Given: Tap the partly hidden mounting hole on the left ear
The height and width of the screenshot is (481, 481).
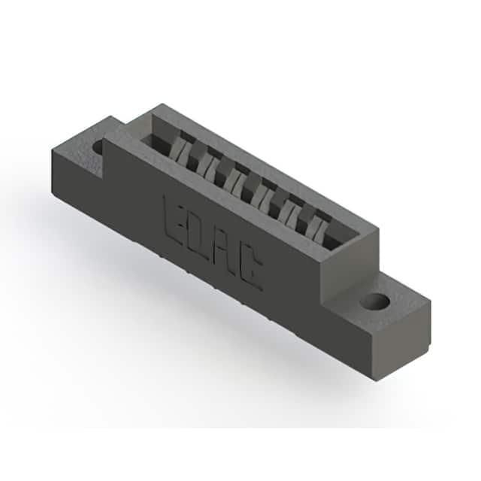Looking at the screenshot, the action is point(98,147).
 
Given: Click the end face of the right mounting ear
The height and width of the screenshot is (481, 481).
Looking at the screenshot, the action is point(402,340).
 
